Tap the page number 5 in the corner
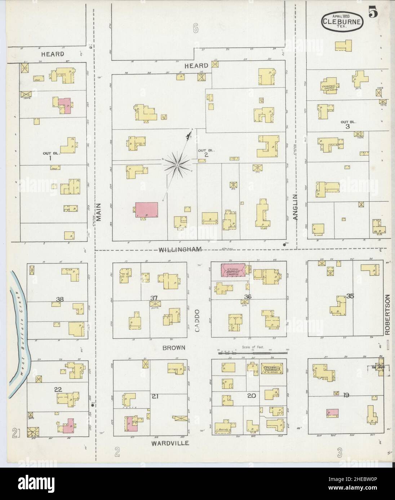(373, 13)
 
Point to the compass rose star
(177, 165)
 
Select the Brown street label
(174, 348)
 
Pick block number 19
(346, 396)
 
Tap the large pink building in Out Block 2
(146, 210)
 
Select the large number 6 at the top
(196, 29)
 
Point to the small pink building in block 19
(332, 413)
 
